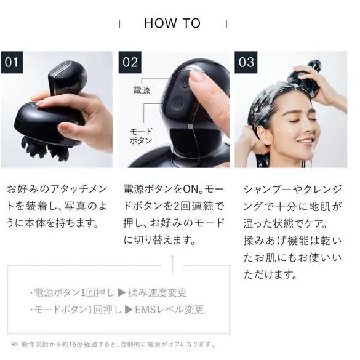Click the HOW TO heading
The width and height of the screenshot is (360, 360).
pyautogui.click(x=172, y=23)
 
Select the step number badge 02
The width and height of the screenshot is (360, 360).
pyautogui.click(x=130, y=62)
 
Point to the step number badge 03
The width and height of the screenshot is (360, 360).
pyautogui.click(x=246, y=62)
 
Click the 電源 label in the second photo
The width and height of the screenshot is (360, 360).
pyautogui.click(x=141, y=90)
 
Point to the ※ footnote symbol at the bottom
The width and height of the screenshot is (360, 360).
pyautogui.click(x=14, y=345)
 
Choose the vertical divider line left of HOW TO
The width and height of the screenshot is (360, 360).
pyautogui.click(x=120, y=23)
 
